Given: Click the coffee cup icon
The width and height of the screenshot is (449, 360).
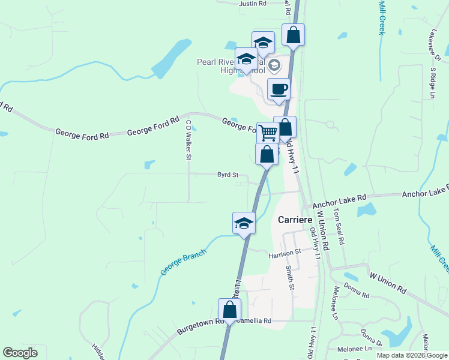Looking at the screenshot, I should click(279, 89).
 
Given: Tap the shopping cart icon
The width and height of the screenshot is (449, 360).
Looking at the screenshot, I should click(268, 132).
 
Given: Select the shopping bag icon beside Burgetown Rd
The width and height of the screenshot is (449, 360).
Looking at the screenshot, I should click(229, 310).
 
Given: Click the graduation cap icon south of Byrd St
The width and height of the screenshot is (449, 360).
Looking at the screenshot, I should click(244, 223).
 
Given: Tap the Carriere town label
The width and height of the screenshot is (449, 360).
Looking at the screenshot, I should click(296, 220).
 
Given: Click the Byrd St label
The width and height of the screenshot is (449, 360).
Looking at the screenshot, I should click(228, 175).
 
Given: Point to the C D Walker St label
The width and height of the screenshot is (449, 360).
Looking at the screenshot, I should click(188, 140).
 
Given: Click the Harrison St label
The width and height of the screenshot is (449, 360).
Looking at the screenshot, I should click(285, 254).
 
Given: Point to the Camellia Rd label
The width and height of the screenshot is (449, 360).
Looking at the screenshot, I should click(254, 320).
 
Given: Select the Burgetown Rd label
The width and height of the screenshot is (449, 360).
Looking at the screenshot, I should click(200, 327).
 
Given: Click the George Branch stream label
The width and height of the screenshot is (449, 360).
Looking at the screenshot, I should click(183, 262).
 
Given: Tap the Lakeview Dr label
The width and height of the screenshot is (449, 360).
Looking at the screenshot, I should click(436, 46).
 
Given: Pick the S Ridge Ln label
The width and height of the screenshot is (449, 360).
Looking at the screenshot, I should click(432, 82).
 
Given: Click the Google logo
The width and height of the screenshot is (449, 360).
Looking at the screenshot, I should click(20, 352).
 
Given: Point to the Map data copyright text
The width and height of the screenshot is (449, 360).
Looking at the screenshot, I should click(412, 355).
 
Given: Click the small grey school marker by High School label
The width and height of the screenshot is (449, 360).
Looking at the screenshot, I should click(274, 64).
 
